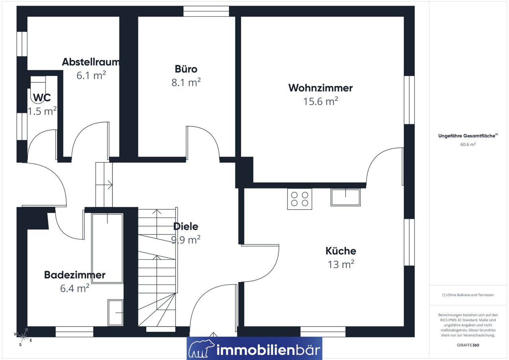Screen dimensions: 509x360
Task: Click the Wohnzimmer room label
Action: pos(321,88)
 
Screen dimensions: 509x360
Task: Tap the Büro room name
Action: pos(186,69)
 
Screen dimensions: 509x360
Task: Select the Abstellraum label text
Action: pos(91,62)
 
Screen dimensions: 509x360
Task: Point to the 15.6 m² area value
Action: pos(321,101)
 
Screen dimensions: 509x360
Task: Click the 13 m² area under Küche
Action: pos(341,264)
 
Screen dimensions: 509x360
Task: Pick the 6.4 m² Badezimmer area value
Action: pos(74,288)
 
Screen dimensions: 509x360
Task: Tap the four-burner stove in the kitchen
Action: pos(299,199)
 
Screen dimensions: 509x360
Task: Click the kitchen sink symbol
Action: pos(346,197)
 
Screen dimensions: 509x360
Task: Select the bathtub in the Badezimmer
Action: pos(107,248)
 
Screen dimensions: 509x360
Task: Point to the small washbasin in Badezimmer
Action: pos(115,313)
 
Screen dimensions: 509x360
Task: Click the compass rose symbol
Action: pos(23,337)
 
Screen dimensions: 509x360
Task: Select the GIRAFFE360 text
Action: pos(468,345)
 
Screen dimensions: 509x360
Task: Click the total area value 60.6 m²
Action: pos(468,144)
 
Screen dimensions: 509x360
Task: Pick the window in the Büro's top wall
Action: pos(206,11)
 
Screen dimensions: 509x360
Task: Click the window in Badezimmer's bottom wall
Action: pos(74,332)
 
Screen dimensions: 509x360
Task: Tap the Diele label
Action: pos(186,226)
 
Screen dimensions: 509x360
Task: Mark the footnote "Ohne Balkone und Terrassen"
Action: pos(468,295)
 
